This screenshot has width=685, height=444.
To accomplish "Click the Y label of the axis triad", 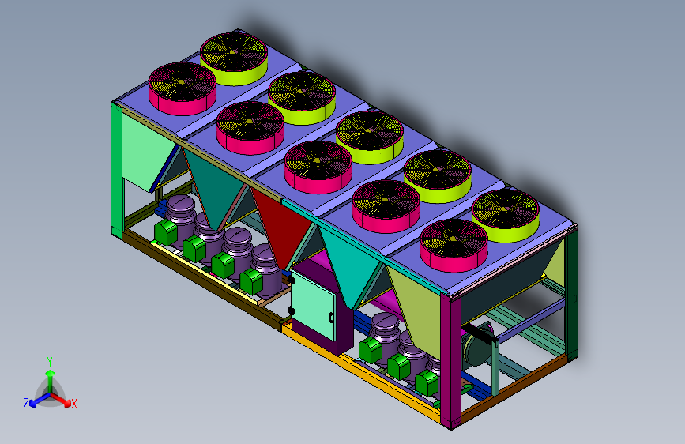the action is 50,362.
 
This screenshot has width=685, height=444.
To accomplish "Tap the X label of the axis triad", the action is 73,404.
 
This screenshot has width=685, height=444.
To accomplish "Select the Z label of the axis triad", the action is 26,404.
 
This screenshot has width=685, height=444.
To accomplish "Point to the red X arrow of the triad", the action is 60,400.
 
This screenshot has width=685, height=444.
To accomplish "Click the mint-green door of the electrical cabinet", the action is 314,305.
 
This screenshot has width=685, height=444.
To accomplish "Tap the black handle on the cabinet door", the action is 331,318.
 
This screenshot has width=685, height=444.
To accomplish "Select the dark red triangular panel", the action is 280,225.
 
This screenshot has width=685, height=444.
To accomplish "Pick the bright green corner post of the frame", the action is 117,170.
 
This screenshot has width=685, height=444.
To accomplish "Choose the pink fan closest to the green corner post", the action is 183,88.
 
